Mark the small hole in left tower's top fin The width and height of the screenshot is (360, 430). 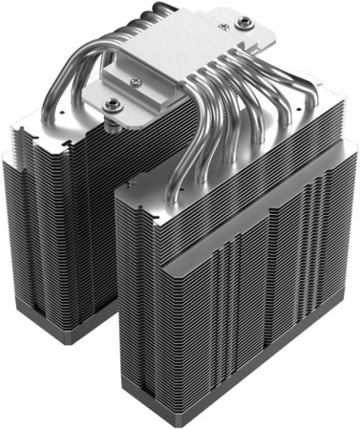pos(38,134)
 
